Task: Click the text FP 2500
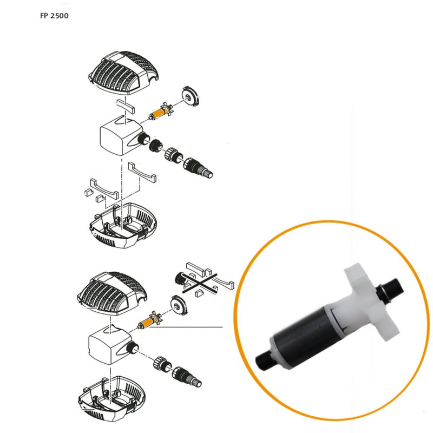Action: (x=54, y=15)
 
